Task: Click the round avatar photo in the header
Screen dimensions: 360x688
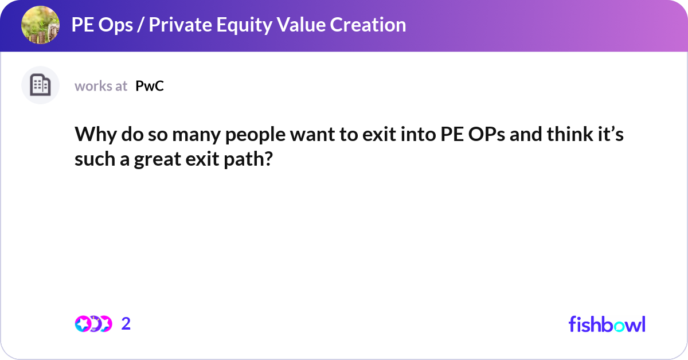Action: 40,25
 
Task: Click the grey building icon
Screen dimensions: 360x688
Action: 40,85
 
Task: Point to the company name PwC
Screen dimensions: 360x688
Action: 150,86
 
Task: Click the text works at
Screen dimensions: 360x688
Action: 101,86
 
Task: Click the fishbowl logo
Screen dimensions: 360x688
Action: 607,324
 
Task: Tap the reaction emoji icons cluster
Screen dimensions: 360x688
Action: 93,324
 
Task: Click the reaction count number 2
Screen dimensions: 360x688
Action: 126,324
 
